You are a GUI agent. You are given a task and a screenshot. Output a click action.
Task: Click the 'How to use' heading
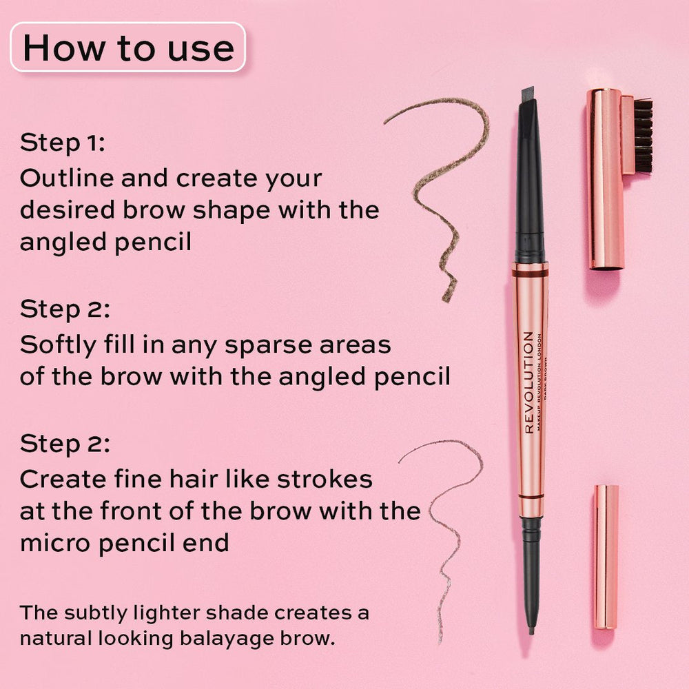128,48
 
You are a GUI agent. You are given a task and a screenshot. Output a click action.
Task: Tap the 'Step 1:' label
63,143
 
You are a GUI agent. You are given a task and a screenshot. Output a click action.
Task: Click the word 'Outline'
66,178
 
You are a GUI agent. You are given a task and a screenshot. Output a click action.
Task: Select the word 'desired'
68,210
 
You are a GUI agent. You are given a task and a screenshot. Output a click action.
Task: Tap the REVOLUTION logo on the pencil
529,382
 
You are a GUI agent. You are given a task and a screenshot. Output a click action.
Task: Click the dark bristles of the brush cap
643,136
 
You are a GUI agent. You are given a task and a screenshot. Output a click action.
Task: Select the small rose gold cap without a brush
606,557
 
